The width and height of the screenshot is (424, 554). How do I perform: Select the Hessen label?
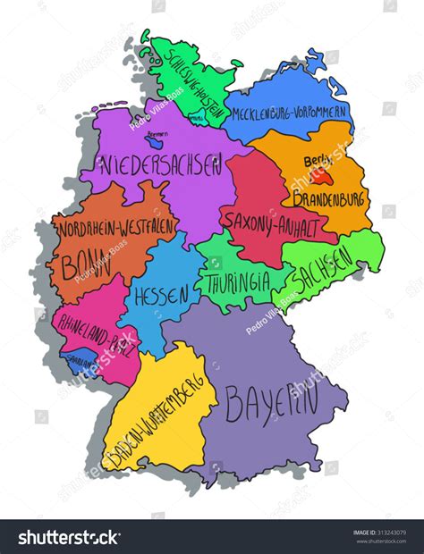click(162, 294)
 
